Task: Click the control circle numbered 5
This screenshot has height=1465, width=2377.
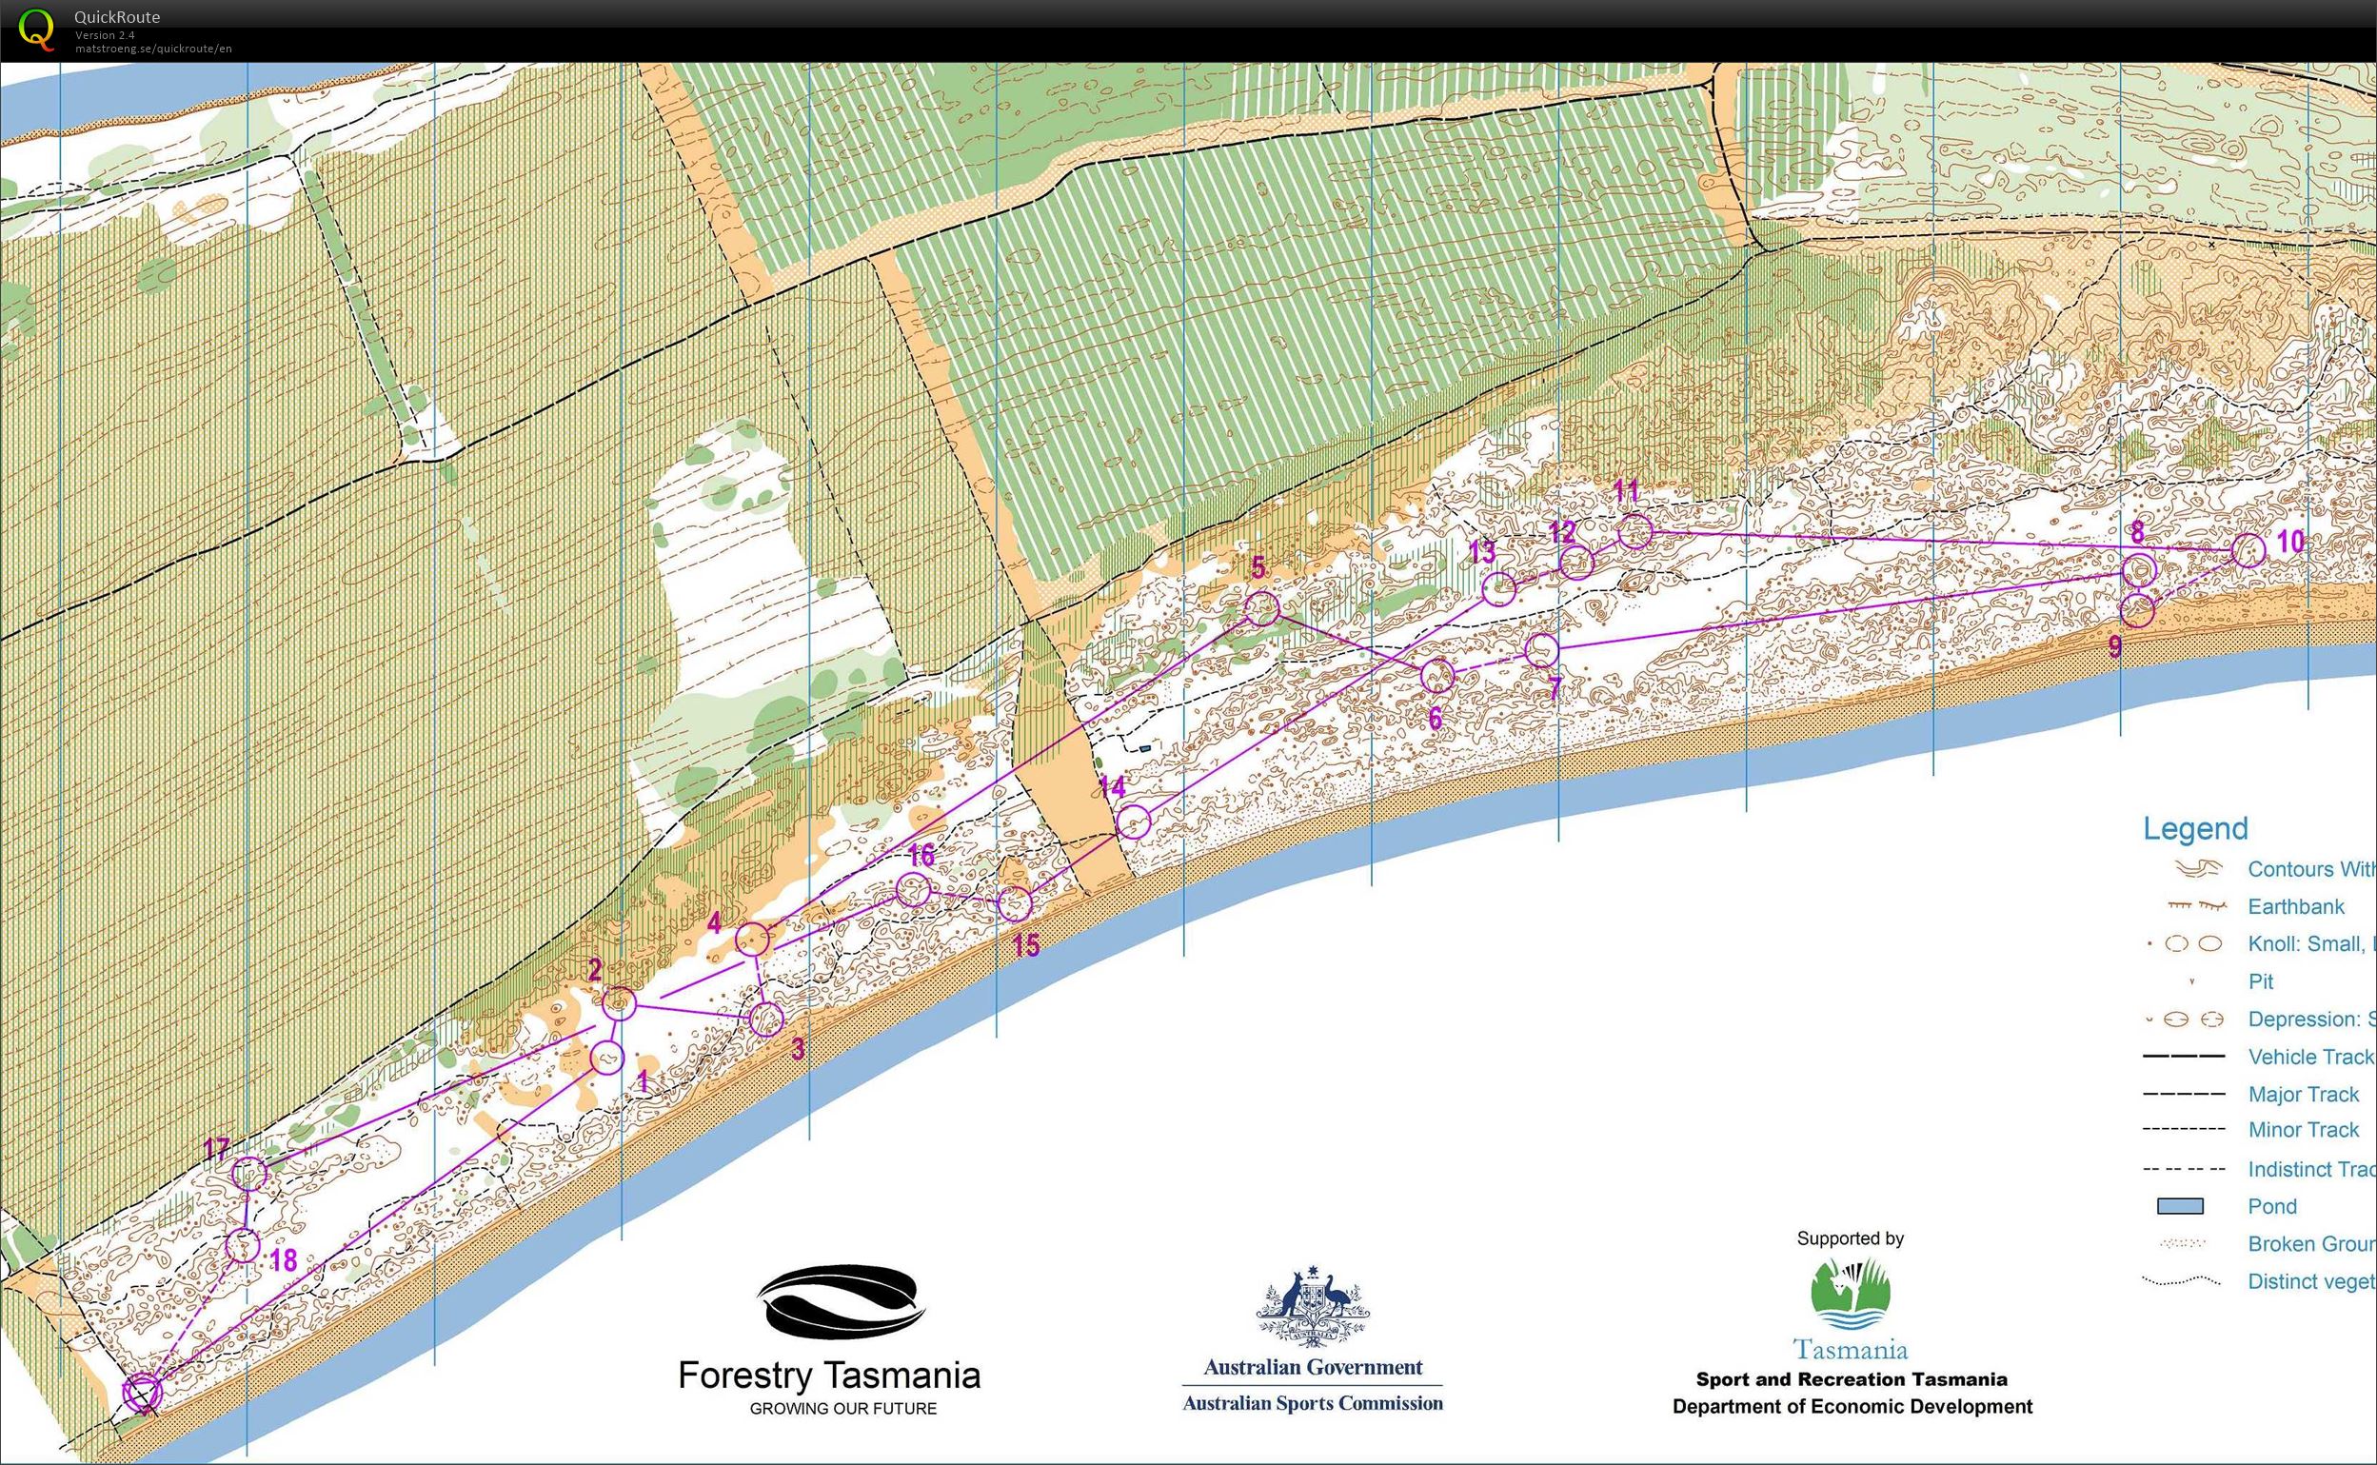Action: (x=1261, y=608)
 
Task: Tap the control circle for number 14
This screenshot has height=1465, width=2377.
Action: (x=1134, y=822)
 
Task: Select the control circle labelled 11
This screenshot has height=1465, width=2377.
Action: (x=1635, y=531)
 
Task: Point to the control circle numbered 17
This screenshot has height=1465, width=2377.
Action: (x=249, y=1174)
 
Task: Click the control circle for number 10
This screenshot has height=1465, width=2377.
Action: (x=2248, y=549)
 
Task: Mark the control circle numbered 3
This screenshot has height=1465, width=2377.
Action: (x=766, y=1019)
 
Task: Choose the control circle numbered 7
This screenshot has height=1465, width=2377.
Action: (x=1541, y=649)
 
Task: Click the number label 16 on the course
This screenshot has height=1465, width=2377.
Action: (x=921, y=855)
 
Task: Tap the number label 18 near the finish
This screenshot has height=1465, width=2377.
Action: (x=283, y=1259)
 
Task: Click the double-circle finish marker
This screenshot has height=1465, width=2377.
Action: (x=143, y=1394)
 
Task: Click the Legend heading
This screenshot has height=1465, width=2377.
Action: (x=2195, y=828)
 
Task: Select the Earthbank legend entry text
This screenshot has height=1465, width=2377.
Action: (x=2296, y=907)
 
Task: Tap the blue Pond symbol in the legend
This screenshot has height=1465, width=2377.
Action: (x=2179, y=1206)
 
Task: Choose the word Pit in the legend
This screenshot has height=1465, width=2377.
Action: (x=2260, y=981)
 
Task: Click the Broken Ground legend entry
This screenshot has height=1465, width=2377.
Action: (x=2310, y=1244)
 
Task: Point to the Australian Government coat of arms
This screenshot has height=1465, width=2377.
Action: (x=1313, y=1307)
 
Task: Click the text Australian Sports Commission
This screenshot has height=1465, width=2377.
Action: (x=1313, y=1403)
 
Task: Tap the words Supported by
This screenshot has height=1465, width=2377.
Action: (x=1850, y=1238)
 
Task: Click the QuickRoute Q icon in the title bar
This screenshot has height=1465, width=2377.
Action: (x=36, y=29)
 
